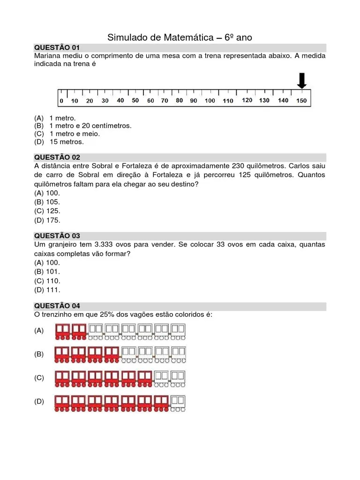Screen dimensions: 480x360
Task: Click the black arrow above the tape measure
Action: click(x=302, y=81)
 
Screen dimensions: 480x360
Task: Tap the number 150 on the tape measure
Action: click(x=301, y=101)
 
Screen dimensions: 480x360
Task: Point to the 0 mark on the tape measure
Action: click(x=61, y=101)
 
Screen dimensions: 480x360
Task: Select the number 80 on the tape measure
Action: click(x=179, y=100)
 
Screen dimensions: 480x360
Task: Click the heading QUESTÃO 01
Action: click(x=57, y=48)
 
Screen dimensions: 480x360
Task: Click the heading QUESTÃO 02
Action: click(x=57, y=157)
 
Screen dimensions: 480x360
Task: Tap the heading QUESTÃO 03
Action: click(x=57, y=236)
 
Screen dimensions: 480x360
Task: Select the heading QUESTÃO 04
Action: click(x=57, y=306)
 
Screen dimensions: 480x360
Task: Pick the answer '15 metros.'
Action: click(x=66, y=142)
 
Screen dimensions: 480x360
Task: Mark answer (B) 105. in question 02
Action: click(x=47, y=202)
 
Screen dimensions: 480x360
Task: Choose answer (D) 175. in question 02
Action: click(x=47, y=220)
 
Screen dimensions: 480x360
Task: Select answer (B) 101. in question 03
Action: click(x=47, y=271)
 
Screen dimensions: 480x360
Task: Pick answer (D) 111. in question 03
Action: click(x=47, y=289)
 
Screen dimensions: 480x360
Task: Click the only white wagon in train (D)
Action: click(x=178, y=402)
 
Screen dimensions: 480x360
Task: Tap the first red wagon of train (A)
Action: click(x=63, y=331)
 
